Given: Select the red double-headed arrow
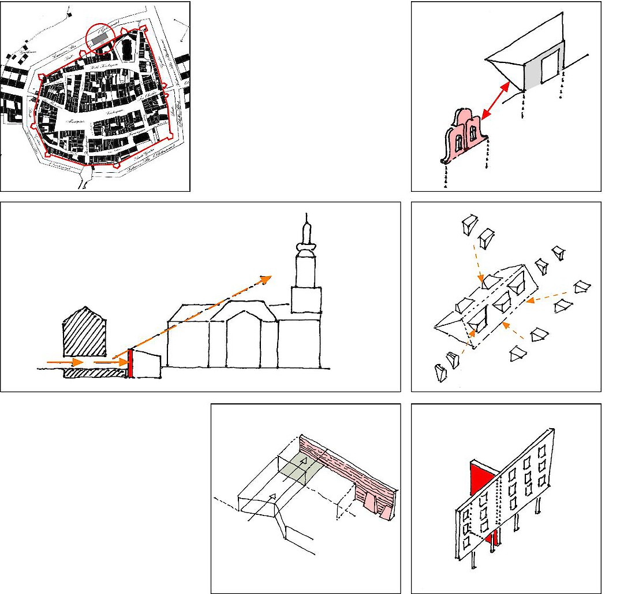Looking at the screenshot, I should point(496,101).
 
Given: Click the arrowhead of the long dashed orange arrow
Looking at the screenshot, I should point(266,279).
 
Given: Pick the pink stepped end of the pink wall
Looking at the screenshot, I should point(377,506).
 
